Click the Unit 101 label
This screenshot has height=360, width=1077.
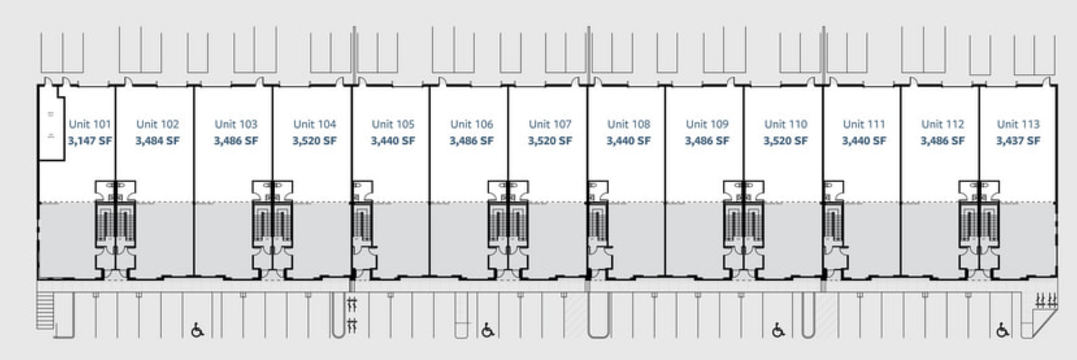click(x=90, y=124)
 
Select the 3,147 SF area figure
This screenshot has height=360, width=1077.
click(x=90, y=141)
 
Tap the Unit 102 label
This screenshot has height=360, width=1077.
click(x=158, y=124)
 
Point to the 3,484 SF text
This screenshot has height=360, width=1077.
click(x=158, y=141)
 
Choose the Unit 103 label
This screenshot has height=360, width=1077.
click(x=236, y=124)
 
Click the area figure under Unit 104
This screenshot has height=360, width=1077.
click(x=314, y=141)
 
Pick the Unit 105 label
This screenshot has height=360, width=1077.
click(x=393, y=124)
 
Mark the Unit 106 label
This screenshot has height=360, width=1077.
click(x=471, y=124)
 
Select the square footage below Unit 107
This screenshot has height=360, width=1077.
click(x=550, y=141)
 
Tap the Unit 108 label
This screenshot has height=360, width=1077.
click(x=629, y=124)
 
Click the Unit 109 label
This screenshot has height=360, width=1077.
click(x=707, y=124)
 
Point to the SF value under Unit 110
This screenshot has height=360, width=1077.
click(x=786, y=141)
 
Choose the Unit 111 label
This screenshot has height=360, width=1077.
click(x=864, y=124)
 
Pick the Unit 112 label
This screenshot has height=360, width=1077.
click(x=942, y=124)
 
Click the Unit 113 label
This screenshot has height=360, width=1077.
click(x=1018, y=124)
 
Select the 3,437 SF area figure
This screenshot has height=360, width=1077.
click(x=1018, y=141)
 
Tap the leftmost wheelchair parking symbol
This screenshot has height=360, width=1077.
click(x=197, y=330)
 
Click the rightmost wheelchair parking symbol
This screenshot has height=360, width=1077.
click(x=1002, y=330)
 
